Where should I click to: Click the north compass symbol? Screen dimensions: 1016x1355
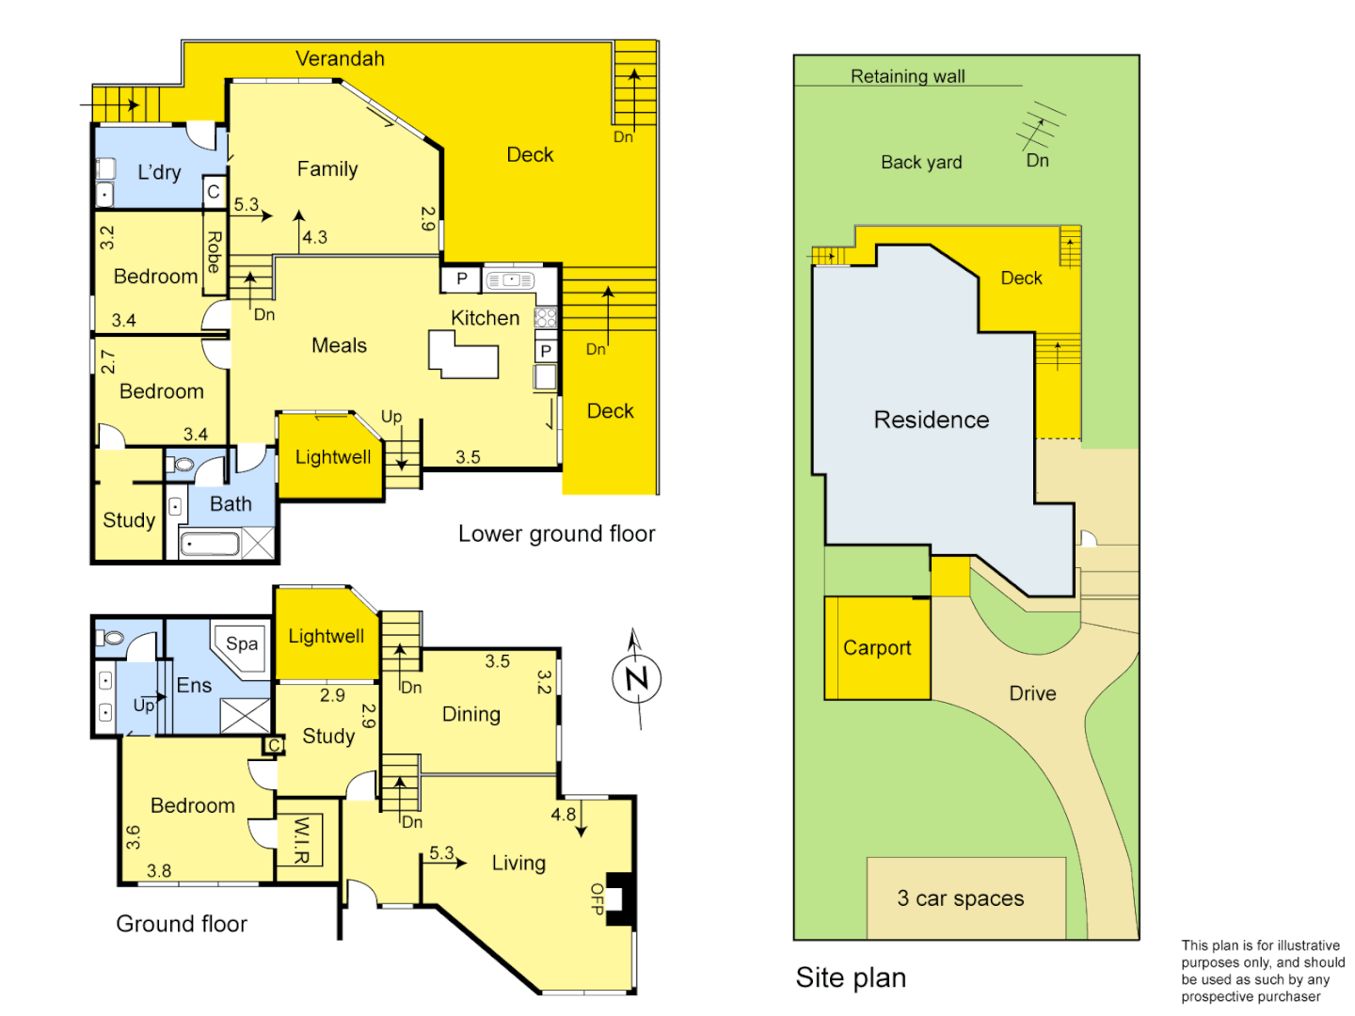(x=637, y=678)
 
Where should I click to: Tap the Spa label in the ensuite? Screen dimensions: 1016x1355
(x=242, y=644)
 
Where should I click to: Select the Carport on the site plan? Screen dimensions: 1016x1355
(x=877, y=648)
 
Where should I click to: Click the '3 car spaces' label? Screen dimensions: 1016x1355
(x=960, y=898)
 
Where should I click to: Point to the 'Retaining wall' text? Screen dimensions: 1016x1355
(x=907, y=76)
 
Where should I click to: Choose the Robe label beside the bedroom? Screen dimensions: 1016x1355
(x=215, y=252)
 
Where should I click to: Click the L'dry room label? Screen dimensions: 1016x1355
(x=159, y=172)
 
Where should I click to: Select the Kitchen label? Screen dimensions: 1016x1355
(x=485, y=318)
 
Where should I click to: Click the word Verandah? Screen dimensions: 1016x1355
(x=340, y=58)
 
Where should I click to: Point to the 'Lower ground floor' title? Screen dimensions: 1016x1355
(x=556, y=533)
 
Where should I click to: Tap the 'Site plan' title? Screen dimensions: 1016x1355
(x=851, y=978)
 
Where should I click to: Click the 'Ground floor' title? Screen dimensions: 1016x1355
(x=182, y=924)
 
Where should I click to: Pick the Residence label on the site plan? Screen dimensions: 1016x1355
(x=932, y=420)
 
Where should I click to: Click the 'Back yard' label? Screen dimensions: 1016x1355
(x=921, y=162)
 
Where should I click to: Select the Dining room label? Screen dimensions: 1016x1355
(x=471, y=714)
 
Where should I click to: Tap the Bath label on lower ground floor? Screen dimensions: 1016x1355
(x=231, y=504)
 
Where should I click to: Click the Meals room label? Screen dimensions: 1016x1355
(x=339, y=345)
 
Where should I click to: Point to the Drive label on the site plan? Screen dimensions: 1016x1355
(x=1032, y=693)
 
